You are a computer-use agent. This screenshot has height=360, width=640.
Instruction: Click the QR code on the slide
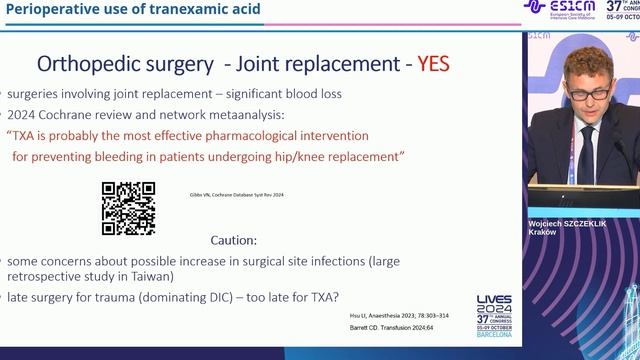pos(128,208)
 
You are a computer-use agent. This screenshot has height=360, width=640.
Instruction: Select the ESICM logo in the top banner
pos(559,9)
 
